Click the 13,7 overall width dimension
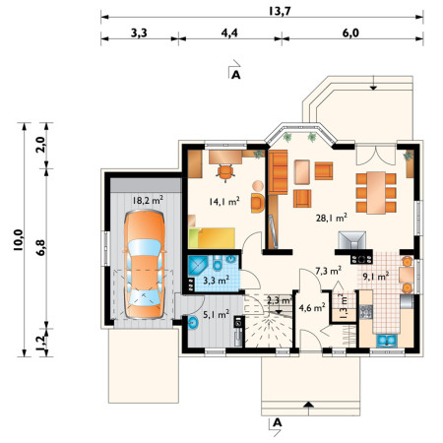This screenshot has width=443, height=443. pos(280,11)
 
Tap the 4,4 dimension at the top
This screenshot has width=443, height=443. pos(229,32)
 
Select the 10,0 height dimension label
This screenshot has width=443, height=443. pos(18,240)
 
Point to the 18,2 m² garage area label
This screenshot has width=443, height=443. pos(148,200)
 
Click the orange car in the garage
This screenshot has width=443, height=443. pos(145,265)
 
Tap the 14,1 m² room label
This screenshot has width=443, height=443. pos(224,201)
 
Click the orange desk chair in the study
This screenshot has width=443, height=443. pos(225,172)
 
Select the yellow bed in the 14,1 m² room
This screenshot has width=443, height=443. pos(212,238)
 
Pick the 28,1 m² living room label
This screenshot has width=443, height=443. pos(332,218)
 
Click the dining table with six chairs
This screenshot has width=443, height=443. pos(376,193)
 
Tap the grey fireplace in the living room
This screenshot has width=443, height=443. pos(352,240)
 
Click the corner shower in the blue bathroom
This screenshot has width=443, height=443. pos(198,266)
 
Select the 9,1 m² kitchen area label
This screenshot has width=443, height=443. pos(376,277)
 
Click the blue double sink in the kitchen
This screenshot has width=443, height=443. pos(387,341)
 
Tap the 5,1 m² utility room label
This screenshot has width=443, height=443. pos(216,314)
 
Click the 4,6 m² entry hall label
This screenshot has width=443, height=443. pos(312,308)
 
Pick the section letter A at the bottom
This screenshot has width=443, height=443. pos(278,422)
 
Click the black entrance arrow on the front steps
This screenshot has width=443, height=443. pos(308,406)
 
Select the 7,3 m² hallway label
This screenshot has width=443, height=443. pos(328,271)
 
